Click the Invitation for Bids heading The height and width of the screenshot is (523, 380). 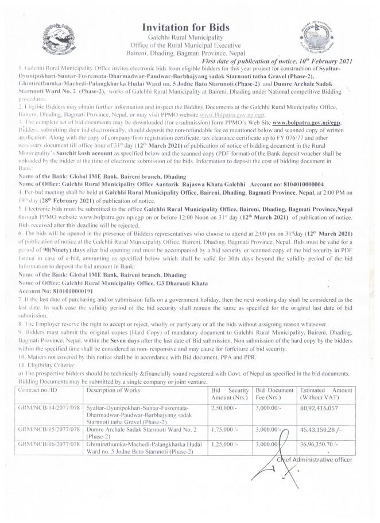pos(190,26)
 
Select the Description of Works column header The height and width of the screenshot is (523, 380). pos(115,390)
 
